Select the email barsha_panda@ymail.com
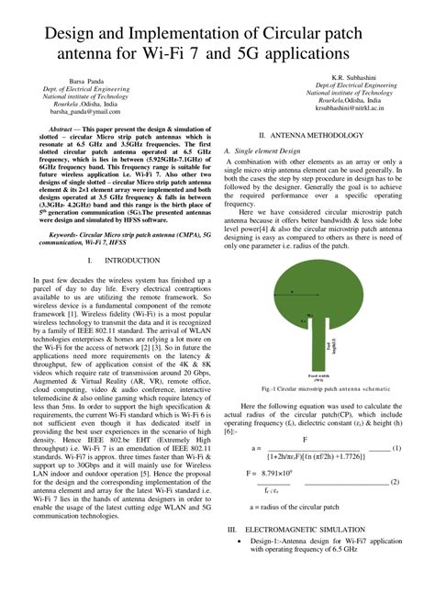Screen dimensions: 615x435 (86, 111)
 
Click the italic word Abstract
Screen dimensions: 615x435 (61, 129)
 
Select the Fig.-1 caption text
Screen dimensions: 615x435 (319, 389)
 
